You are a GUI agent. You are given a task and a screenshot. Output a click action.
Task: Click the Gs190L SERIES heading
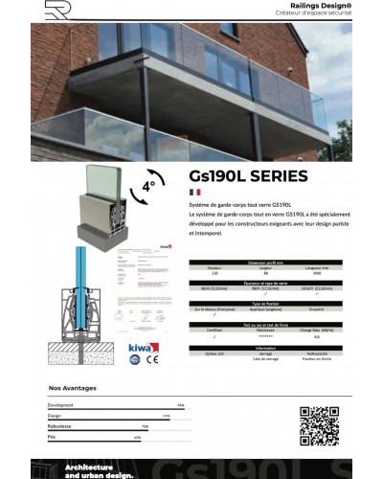point(235,176)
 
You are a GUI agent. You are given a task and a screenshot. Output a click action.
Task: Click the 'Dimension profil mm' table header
point(248,261)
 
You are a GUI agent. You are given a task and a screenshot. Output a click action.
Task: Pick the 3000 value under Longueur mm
point(301,274)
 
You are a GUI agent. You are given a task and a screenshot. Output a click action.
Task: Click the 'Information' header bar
point(248,349)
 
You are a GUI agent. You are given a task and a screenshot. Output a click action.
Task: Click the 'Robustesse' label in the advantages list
point(61,426)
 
